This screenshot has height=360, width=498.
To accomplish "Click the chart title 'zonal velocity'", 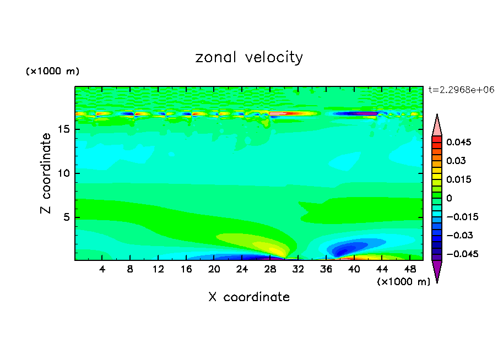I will coord(249,57).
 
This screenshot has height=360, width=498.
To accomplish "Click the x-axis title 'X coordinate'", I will coord(249,297).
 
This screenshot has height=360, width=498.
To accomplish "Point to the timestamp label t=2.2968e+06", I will coord(461,89).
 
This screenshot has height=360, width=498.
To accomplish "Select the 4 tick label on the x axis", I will coord(102,270).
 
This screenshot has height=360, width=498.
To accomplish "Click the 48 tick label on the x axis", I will coord(409,270).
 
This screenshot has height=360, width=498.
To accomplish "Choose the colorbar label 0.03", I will coord(456,161).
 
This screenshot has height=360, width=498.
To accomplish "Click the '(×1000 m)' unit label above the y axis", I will coord(52,72).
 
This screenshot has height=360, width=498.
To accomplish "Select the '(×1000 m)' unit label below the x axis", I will coord(403,282).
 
